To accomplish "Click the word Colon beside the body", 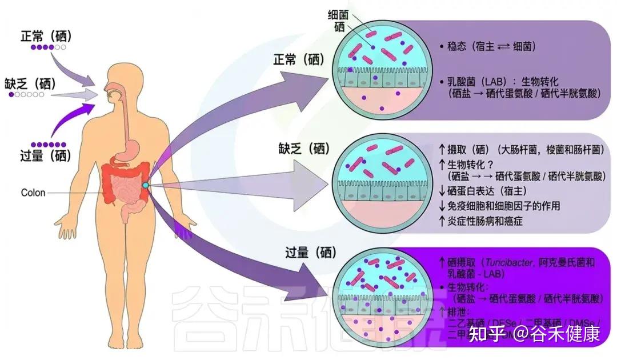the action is [33, 193].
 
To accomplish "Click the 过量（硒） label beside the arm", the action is [45, 154].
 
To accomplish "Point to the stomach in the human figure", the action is [130, 150].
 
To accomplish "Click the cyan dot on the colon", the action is [146, 185].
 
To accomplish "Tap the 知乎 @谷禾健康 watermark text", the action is [534, 334].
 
